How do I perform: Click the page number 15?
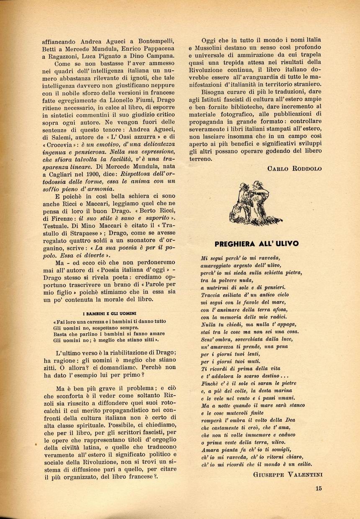click(x=319, y=487)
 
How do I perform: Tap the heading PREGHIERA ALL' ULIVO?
click(x=256, y=243)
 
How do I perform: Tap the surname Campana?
click(x=160, y=56)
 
